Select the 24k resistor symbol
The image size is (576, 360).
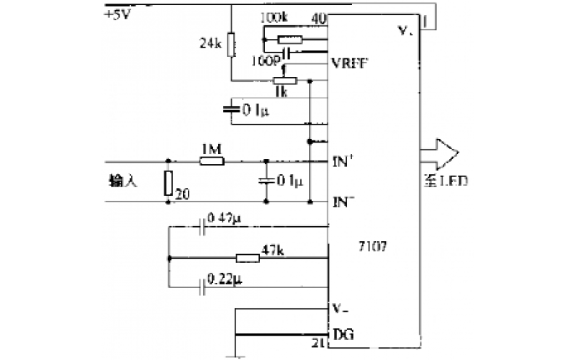click(x=231, y=45)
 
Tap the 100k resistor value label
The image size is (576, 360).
click(x=274, y=17)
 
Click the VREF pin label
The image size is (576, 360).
click(x=351, y=63)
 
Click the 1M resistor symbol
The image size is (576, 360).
click(x=212, y=161)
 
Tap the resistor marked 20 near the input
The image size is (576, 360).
click(x=168, y=184)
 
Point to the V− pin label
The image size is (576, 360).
click(x=343, y=309)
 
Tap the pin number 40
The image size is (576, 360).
click(x=319, y=17)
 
